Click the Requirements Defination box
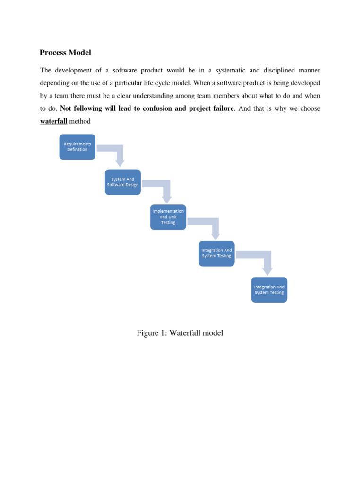(x=77, y=146)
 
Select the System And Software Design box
(x=123, y=182)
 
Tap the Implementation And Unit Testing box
(x=168, y=217)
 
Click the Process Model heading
(x=65, y=53)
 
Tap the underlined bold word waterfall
(x=54, y=121)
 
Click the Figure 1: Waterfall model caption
(x=180, y=333)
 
